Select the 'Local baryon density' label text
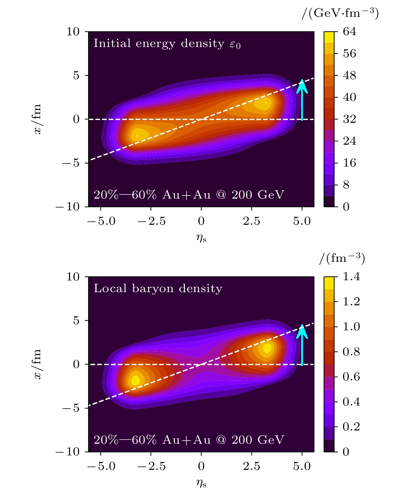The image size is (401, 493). [158, 289]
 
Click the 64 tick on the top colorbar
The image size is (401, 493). [349, 32]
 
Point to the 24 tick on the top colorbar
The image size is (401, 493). [349, 141]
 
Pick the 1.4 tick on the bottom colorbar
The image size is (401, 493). [351, 277]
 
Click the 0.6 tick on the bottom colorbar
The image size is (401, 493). [351, 377]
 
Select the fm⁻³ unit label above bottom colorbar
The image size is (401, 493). [342, 259]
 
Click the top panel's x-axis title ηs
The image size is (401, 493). [201, 238]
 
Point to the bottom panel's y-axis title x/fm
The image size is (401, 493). [38, 364]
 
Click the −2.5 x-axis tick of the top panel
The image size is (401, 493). [151, 221]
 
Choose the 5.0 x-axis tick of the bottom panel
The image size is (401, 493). [302, 467]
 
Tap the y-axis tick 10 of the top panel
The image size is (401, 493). [73, 32]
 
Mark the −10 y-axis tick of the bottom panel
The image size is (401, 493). [68, 452]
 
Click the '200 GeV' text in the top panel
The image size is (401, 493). [258, 195]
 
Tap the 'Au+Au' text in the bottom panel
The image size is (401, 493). [186, 440]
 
